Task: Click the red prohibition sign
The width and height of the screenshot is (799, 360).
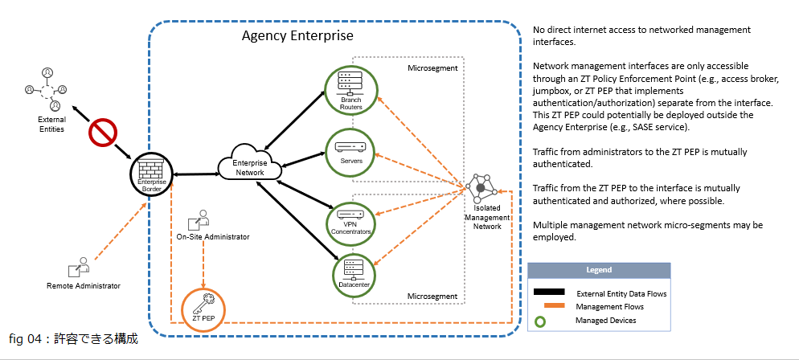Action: [103, 133]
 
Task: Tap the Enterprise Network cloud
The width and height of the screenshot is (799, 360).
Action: [249, 164]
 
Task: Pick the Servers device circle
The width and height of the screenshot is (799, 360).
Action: [350, 149]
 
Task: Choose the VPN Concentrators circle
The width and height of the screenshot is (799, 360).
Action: [350, 219]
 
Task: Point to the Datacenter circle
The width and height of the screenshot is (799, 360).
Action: [354, 272]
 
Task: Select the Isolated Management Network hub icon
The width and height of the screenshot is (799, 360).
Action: [481, 188]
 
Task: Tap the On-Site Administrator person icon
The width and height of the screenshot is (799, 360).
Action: [199, 219]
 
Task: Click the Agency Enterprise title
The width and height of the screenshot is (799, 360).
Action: [297, 37]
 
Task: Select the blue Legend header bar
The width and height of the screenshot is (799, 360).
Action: [598, 270]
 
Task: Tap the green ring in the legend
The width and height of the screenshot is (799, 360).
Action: [541, 321]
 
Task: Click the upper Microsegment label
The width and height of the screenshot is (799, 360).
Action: [432, 69]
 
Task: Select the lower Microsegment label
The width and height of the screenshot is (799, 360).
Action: [432, 296]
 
